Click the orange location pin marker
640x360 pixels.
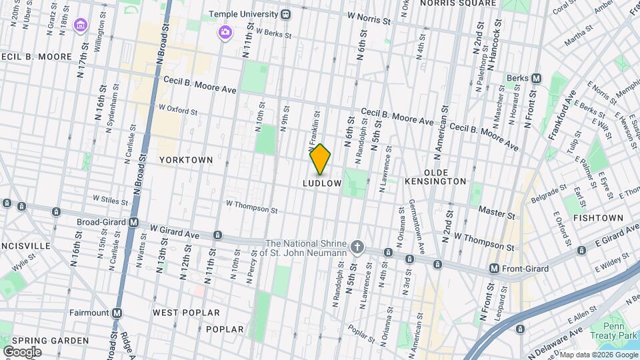(x=321, y=159)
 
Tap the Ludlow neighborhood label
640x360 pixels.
(x=322, y=183)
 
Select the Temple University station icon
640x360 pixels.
(x=286, y=14)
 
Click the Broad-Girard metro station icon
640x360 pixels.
(x=134, y=223)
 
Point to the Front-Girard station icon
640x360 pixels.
(x=494, y=269)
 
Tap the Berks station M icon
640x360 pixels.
(x=536, y=78)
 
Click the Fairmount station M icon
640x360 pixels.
(x=117, y=312)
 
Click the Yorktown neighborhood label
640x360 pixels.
(x=186, y=160)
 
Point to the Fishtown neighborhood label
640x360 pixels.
(x=598, y=218)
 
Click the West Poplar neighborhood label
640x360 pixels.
(x=186, y=312)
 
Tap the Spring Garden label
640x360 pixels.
(x=50, y=341)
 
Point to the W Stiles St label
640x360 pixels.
(x=110, y=199)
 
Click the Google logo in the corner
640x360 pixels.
(x=22, y=351)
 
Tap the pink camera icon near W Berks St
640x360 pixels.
(x=225, y=31)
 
